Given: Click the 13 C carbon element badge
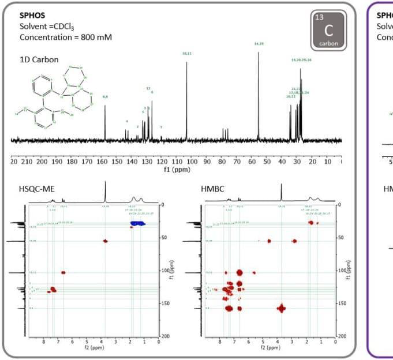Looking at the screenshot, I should (x=328, y=29).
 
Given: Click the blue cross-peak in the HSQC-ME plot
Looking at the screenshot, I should (x=137, y=223).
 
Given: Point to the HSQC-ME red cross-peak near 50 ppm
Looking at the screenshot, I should (x=106, y=241).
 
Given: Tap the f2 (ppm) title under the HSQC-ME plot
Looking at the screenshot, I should (x=94, y=347).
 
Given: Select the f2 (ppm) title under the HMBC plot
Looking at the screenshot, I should (x=270, y=347).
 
